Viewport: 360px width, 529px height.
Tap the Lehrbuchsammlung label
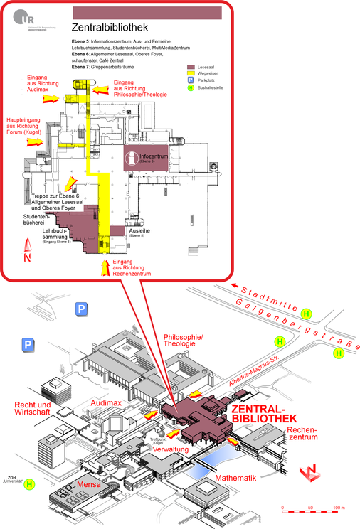point(60,235)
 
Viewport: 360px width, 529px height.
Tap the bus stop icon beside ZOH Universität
point(30,486)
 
